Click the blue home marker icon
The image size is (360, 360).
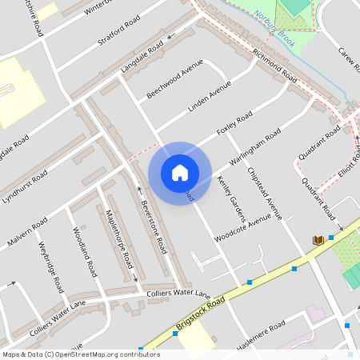click(x=180, y=172)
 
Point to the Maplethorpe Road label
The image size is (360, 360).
click(x=117, y=238)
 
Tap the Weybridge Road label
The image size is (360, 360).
click(x=50, y=264)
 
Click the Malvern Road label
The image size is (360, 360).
click(x=27, y=232)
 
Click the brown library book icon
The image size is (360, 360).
click(x=318, y=240)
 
